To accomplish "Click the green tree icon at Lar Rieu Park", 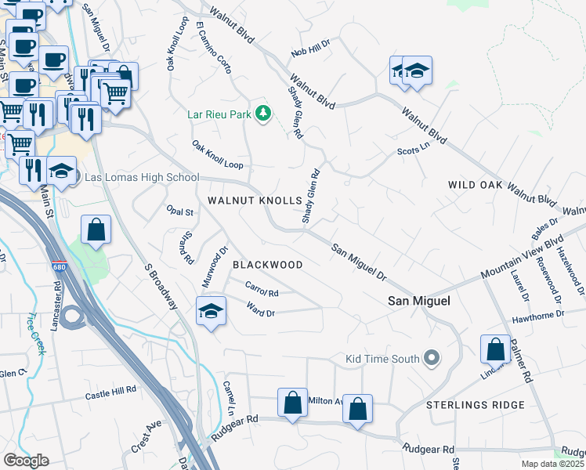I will [x=263, y=114].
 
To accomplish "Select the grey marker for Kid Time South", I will [x=430, y=360].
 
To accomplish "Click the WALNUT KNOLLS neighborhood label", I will [x=255, y=201].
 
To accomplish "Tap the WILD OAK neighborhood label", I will [x=474, y=185].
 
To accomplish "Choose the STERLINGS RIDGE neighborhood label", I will [x=476, y=405].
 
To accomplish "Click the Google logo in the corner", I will [x=26, y=461].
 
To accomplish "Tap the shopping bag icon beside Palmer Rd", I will [x=496, y=349].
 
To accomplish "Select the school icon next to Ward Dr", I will [x=210, y=310].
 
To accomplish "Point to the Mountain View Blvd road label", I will [x=523, y=259].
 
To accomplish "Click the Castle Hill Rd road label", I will [x=110, y=390].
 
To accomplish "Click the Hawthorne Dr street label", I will [x=537, y=315].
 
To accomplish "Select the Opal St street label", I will [x=179, y=212].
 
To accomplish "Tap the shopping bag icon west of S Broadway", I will [x=96, y=230].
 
